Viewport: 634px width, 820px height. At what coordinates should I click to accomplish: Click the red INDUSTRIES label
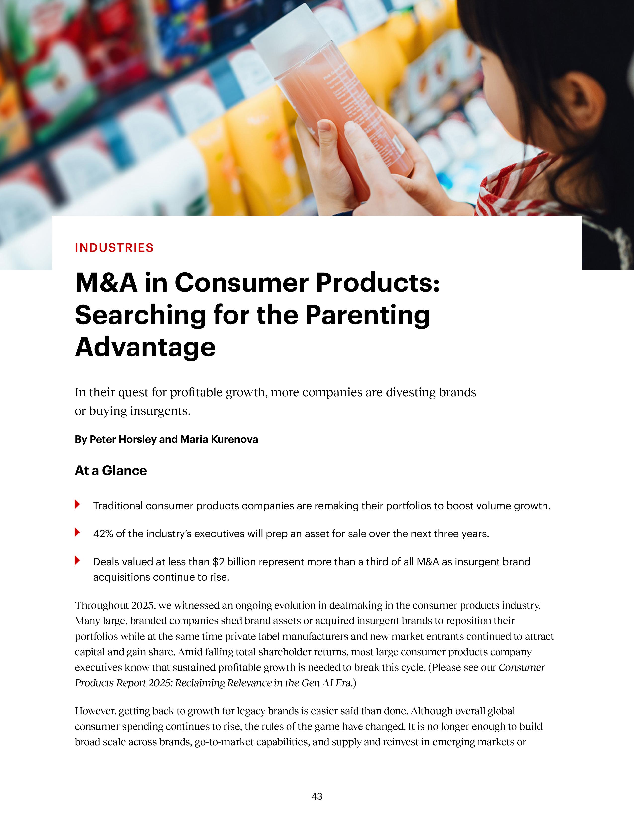(x=114, y=248)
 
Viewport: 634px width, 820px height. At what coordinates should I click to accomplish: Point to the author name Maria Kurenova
(x=219, y=439)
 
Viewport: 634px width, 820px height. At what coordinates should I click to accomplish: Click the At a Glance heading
(x=111, y=470)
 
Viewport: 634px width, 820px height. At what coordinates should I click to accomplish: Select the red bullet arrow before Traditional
(x=77, y=504)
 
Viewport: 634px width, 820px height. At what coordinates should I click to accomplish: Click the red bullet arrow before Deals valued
(x=77, y=560)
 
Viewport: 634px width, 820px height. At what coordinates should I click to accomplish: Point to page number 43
(x=317, y=796)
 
